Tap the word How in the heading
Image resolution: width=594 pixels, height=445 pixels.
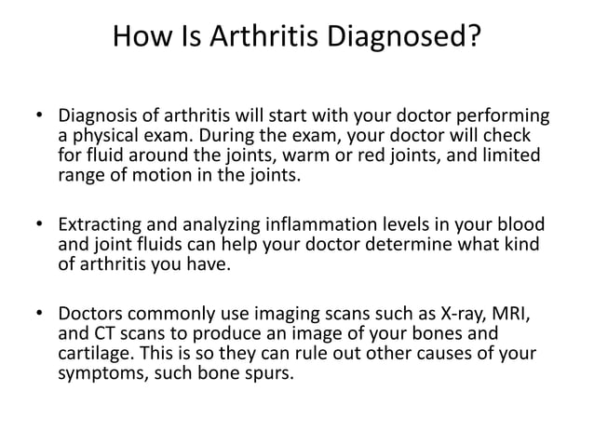(140, 38)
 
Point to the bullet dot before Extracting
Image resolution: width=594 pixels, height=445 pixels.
(40, 226)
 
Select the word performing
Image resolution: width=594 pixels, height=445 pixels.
(498, 118)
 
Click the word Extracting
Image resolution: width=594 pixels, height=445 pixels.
(98, 226)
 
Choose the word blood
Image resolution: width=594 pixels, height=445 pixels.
(520, 226)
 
